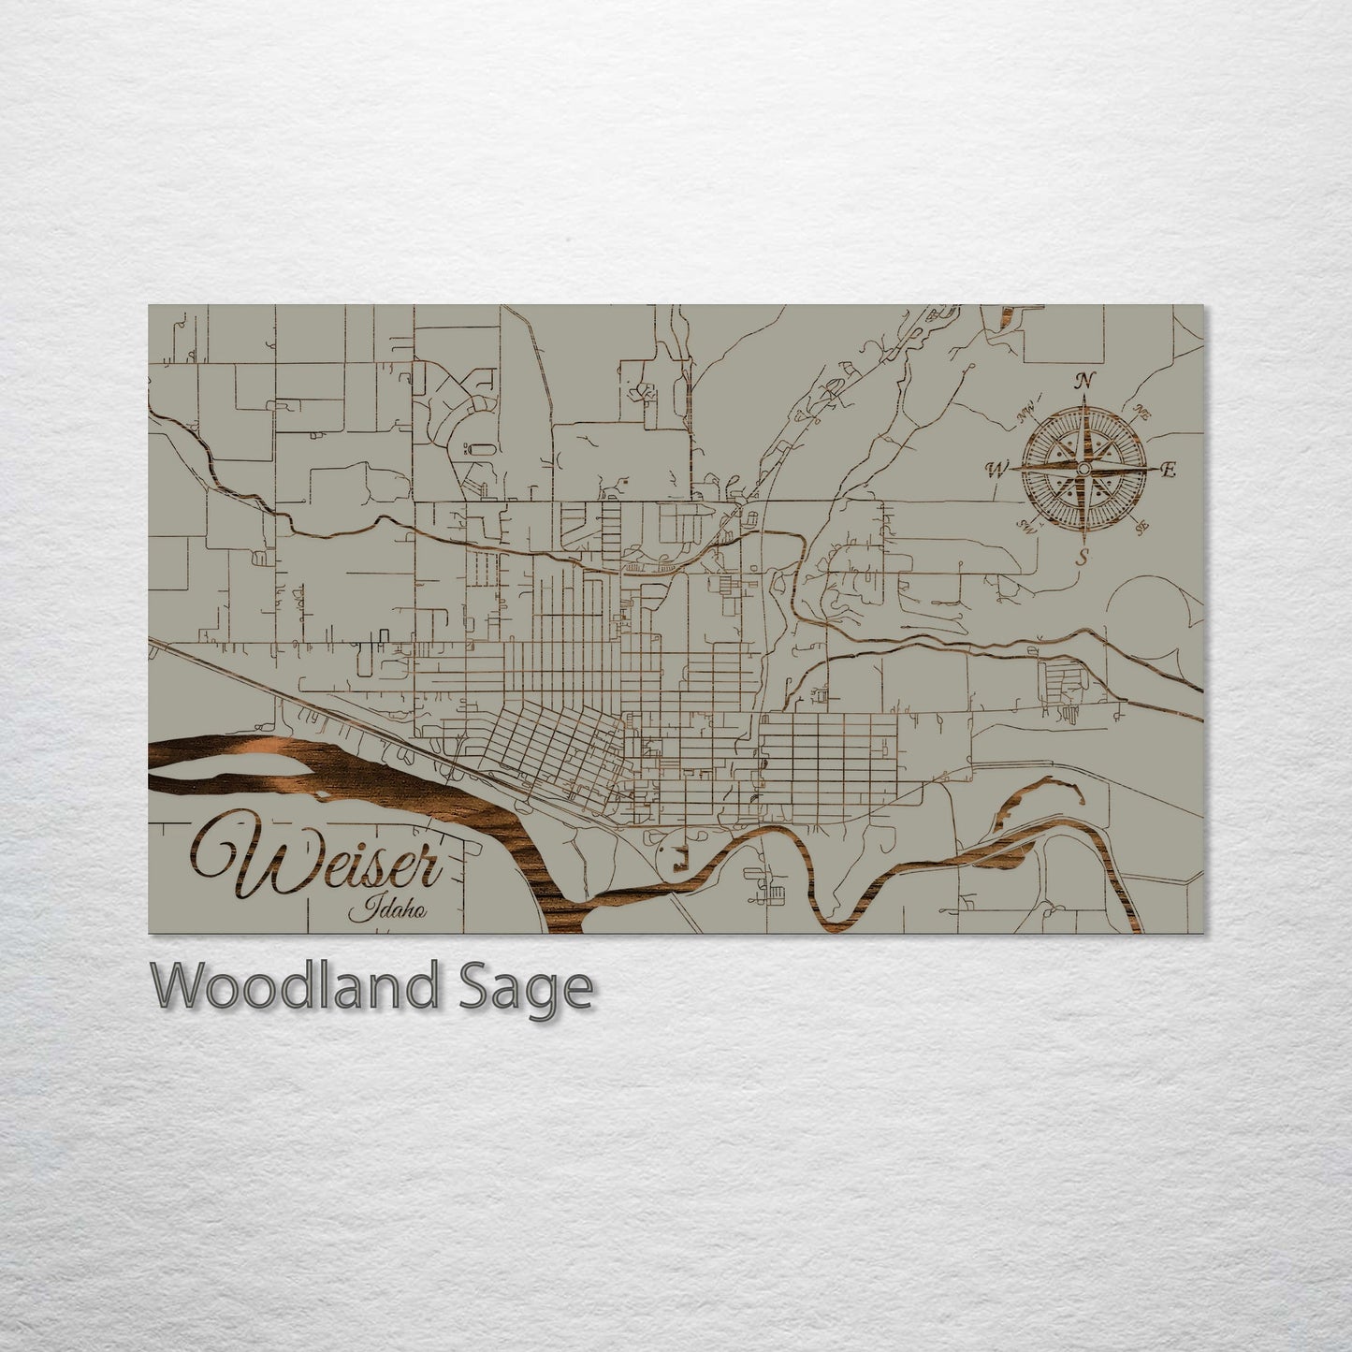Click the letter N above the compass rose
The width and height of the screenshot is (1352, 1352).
(1084, 381)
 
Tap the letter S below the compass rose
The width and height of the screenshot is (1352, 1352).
(1083, 558)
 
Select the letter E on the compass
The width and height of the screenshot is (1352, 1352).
(1167, 471)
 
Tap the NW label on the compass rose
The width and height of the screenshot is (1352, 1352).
(1026, 409)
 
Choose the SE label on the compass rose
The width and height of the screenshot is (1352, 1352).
(1142, 531)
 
